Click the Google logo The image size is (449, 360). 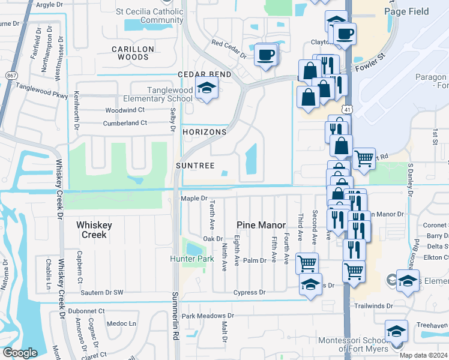[20, 353]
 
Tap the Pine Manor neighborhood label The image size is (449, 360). [261, 225]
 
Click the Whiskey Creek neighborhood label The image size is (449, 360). [94, 229]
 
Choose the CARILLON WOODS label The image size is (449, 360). [133, 53]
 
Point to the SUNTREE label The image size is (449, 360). [194, 166]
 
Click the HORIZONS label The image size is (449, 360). [204, 132]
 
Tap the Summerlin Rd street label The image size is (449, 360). [176, 314]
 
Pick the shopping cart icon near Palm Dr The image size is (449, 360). [307, 262]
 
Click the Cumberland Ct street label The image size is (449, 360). [126, 123]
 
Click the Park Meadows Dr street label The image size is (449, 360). [208, 316]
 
